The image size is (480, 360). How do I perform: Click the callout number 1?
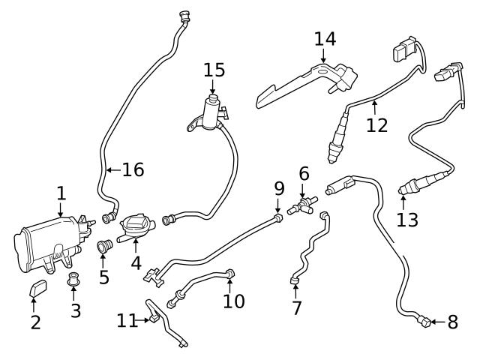click(61, 193)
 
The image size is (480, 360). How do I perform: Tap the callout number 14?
click(325, 38)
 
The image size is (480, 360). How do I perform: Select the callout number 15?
click(214, 70)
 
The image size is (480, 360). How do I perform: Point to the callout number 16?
click(133, 170)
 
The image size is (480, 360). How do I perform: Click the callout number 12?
click(377, 124)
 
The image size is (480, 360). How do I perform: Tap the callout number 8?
click(452, 322)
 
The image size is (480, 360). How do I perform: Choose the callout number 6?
click(304, 173)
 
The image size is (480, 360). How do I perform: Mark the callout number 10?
click(234, 300)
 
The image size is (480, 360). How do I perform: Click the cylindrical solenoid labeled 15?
click(211, 115)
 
